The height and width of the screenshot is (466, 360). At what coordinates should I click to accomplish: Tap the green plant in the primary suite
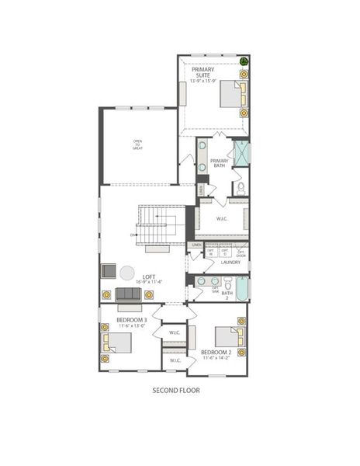[x=244, y=61]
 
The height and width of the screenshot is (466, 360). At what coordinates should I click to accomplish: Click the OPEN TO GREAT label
[x=137, y=144]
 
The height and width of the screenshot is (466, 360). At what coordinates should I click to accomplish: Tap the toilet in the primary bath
[x=241, y=187]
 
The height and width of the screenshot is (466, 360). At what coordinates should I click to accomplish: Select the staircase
[x=159, y=226]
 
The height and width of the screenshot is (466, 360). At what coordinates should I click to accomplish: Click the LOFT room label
[x=149, y=276]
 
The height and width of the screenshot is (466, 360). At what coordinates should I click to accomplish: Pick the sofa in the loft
[x=129, y=294]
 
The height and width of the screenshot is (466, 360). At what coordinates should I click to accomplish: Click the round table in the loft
[x=126, y=273]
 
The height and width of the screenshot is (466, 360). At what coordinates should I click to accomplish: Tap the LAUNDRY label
[x=230, y=263]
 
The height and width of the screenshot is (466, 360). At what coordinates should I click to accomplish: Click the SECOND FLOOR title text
[x=176, y=391]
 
